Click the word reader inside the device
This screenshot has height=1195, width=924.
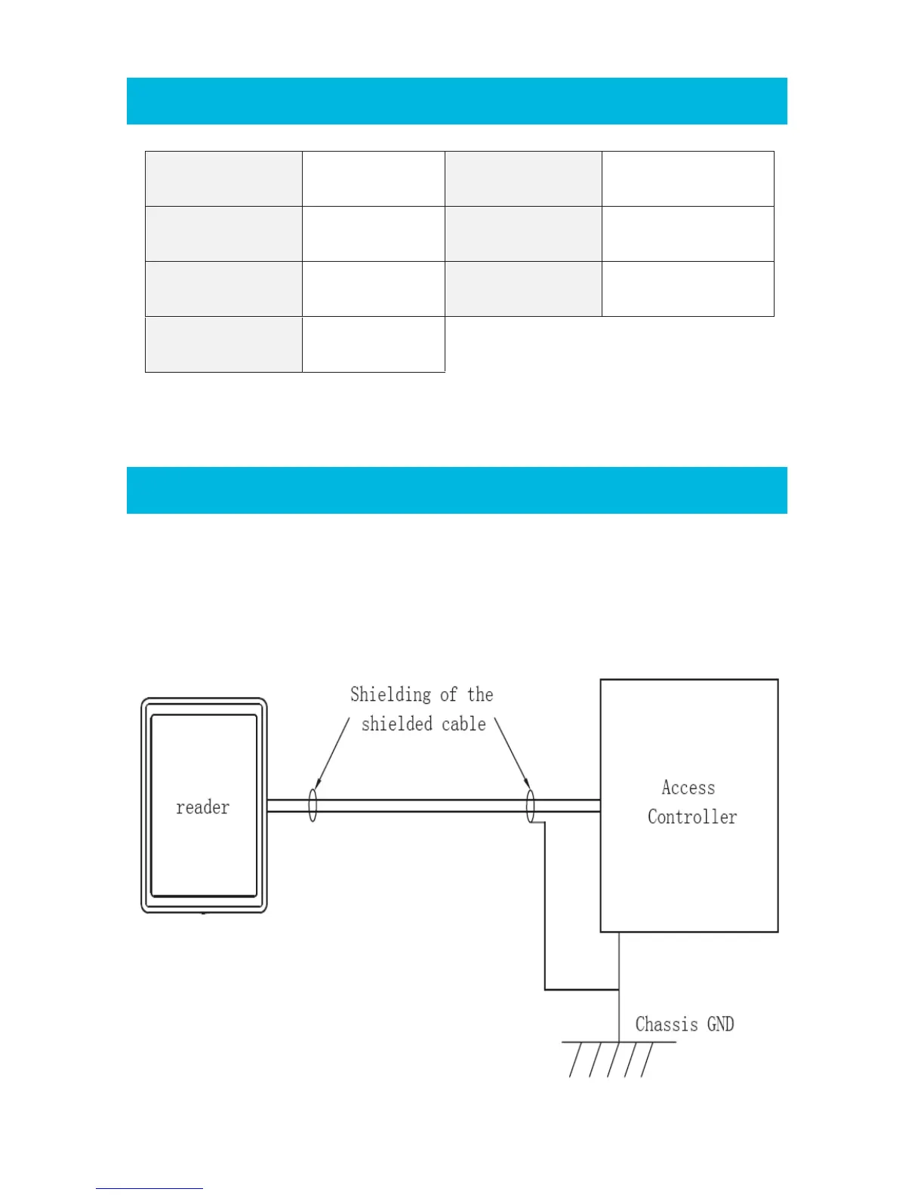(x=202, y=807)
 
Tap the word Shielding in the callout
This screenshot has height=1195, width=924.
(x=390, y=695)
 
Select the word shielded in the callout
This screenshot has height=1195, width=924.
(x=397, y=724)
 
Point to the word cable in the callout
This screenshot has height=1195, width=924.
(x=464, y=724)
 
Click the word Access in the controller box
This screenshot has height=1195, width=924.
(x=688, y=788)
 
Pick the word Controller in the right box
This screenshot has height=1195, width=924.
(x=691, y=817)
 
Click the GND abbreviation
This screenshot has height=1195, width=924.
(x=720, y=1024)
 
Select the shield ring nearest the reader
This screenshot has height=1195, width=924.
(x=313, y=805)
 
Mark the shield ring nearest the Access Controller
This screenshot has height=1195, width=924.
(x=530, y=806)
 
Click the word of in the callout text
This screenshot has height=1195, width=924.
(x=448, y=695)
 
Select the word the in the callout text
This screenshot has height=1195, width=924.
(x=480, y=695)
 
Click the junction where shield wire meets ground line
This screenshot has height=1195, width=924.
(x=619, y=989)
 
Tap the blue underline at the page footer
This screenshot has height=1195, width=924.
(x=149, y=1188)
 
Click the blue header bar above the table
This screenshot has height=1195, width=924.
(x=457, y=100)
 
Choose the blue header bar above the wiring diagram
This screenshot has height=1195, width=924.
(x=457, y=490)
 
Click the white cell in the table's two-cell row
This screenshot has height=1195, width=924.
(x=373, y=344)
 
